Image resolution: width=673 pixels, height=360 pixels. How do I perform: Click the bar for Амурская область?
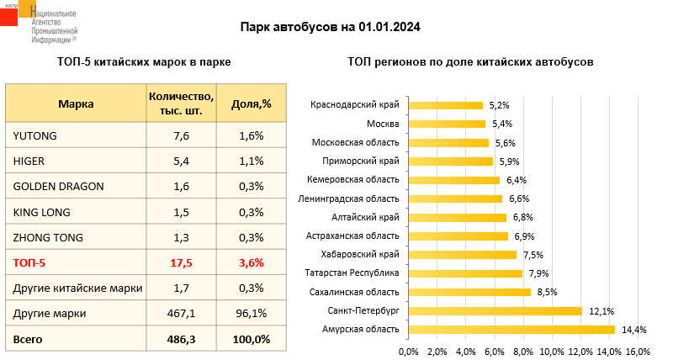coord(511,330)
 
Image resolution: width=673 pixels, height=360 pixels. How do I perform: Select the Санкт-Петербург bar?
coord(495,311)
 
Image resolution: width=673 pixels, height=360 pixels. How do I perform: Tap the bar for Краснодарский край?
coord(446,105)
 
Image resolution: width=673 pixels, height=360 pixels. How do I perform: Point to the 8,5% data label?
coord(548,292)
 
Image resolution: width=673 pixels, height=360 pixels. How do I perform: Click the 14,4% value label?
coord(634,330)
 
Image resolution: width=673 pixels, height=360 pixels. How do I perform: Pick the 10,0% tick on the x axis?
coord(552,352)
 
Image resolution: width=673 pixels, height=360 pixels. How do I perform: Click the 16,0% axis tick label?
coord(639,352)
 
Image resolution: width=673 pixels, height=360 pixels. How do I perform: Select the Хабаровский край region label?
coord(360,255)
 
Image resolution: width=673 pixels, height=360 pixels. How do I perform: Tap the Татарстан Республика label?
coord(352,273)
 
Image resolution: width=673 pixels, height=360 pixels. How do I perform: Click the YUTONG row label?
coord(34,135)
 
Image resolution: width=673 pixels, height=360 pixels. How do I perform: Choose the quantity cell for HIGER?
coord(181,161)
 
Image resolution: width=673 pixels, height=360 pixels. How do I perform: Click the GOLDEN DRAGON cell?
coord(58,186)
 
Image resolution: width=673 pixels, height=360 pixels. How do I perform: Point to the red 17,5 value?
coord(181,262)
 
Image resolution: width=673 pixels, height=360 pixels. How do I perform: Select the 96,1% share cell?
coord(251,313)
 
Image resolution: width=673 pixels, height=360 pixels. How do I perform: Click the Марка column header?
coord(76,103)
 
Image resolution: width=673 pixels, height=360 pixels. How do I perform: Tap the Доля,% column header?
coord(251,103)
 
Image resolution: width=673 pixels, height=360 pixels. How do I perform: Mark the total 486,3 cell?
coord(181,340)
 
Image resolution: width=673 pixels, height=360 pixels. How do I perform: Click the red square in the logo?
coord(8,16)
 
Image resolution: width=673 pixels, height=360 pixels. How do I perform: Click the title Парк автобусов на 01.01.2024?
coord(330,27)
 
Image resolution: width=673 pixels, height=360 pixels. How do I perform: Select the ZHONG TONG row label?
coord(48,237)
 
